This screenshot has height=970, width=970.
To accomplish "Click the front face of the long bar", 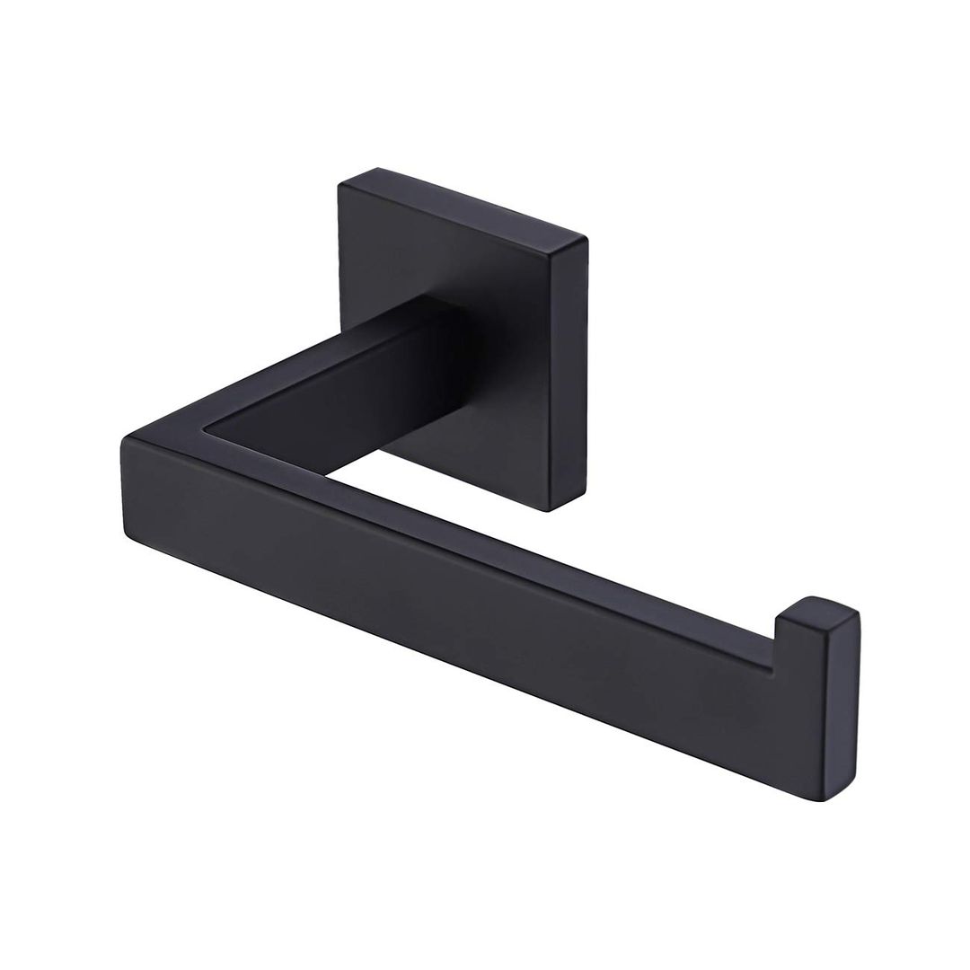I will [449, 584].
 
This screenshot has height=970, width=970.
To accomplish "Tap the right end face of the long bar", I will [850, 710].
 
